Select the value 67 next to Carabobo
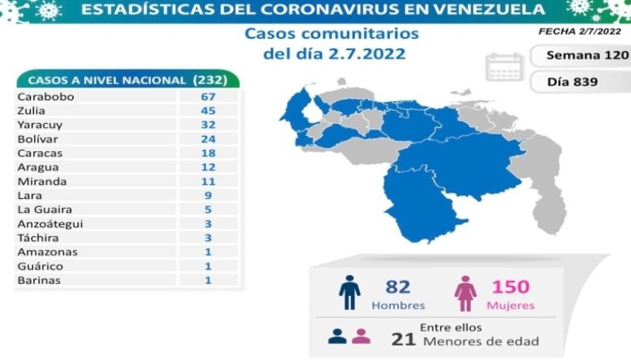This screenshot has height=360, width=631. click(208, 96)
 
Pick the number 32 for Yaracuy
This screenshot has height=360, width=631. click(208, 125)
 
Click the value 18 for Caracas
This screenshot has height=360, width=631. click(208, 153)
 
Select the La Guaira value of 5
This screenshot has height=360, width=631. click(208, 210)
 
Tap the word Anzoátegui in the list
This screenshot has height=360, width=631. click(49, 223)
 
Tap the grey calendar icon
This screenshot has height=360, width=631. click(505, 66)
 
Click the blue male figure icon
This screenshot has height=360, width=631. click(349, 292)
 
